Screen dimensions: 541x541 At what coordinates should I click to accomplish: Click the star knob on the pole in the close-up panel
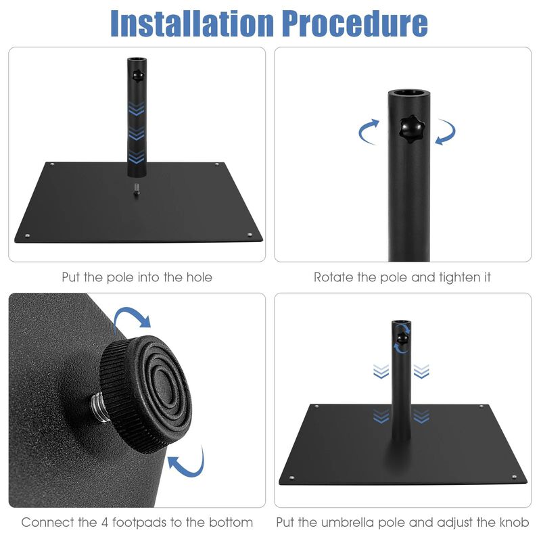[x=408, y=128]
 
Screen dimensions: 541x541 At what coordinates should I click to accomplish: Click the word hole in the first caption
[x=198, y=277]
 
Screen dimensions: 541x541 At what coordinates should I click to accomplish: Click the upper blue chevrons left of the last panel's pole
[x=381, y=371]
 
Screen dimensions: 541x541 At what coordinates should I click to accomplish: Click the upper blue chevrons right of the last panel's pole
[x=421, y=371]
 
